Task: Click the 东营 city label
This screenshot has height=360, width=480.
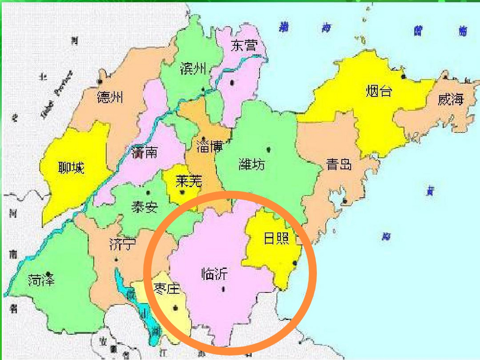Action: coord(244,45)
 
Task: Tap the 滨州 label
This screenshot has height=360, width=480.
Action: coord(193,68)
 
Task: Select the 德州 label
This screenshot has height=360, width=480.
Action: coord(110,97)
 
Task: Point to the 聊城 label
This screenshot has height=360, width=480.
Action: coord(71,168)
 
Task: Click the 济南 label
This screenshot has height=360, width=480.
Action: coord(144,152)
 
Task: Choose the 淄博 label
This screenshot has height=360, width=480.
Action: coord(210,146)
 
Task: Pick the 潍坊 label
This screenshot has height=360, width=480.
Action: coord(252,164)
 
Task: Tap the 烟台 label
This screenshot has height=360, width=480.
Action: coord(379,91)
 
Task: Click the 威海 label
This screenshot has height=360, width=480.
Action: coord(450,100)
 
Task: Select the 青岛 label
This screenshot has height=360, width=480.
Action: coord(339,165)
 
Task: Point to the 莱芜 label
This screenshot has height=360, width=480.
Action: coord(189,181)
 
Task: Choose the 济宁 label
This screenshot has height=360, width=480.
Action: coord(123,244)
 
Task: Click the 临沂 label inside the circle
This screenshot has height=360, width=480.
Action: coord(214,274)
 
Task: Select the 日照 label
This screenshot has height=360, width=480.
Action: coord(276,238)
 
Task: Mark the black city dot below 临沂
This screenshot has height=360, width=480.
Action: coord(224,289)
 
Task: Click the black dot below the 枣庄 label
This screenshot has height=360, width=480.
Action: coord(175,308)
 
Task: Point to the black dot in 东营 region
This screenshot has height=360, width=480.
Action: coord(232,83)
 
